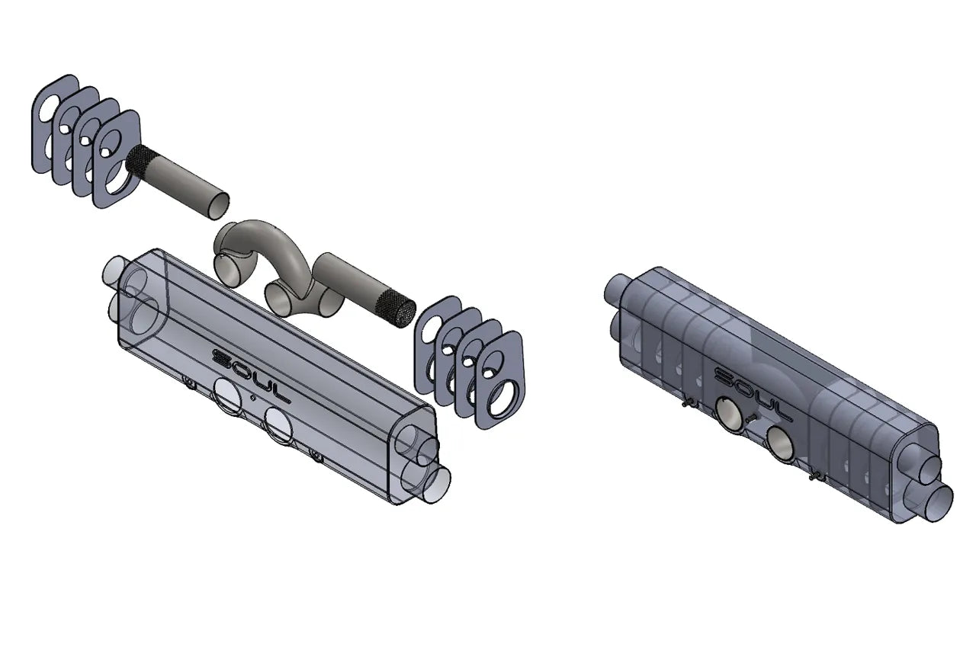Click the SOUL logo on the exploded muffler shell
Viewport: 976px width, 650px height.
250,374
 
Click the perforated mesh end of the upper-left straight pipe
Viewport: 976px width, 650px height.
142,158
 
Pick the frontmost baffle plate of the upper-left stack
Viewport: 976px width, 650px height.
117,159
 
